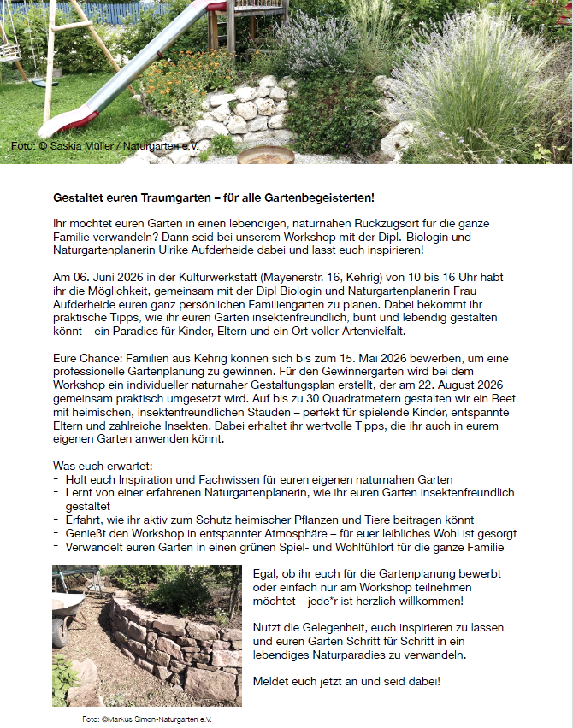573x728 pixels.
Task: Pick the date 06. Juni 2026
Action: point(103,278)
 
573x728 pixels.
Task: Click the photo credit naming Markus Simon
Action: point(146,719)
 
